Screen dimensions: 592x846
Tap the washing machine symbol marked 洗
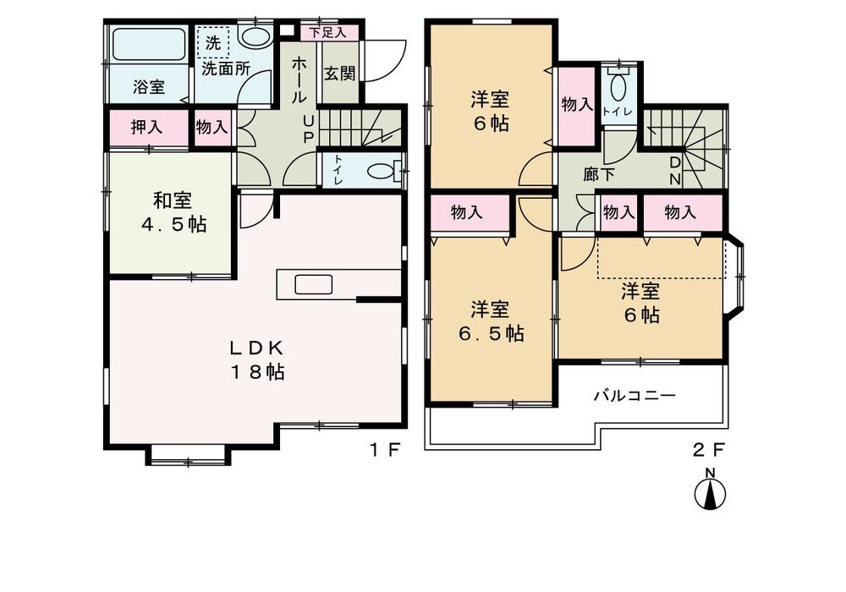pos(213,43)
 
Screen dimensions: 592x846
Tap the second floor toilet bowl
pos(618,87)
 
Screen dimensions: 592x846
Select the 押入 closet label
pos(147,128)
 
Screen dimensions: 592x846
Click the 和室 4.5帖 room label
pos(173,212)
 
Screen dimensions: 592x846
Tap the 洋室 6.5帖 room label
pos(491,321)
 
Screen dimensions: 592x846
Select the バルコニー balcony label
pos(634,394)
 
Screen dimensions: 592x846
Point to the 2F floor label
pos(710,449)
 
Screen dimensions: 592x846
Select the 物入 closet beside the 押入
pos(211,128)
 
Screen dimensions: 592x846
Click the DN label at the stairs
pos(676,169)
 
